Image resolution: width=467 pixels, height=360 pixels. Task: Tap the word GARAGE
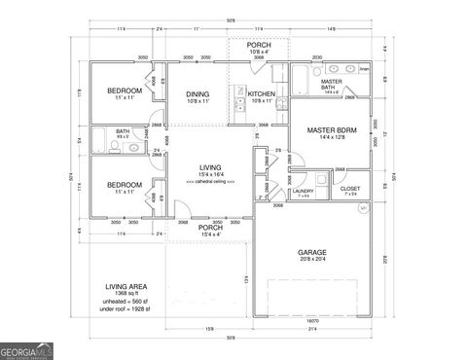(x=311, y=252)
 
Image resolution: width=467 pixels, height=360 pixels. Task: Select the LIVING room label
(x=210, y=166)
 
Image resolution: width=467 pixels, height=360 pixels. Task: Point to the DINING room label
(x=198, y=93)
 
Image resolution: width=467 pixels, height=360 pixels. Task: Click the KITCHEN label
(x=262, y=93)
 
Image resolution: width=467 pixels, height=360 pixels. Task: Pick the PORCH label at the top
(x=259, y=45)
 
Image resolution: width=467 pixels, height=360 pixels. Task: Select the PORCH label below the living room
(x=210, y=230)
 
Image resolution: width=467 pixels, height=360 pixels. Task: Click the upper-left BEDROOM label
(x=126, y=90)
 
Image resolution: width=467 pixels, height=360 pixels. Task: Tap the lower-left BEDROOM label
(x=126, y=184)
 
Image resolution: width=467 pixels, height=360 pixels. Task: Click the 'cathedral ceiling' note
(x=210, y=183)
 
